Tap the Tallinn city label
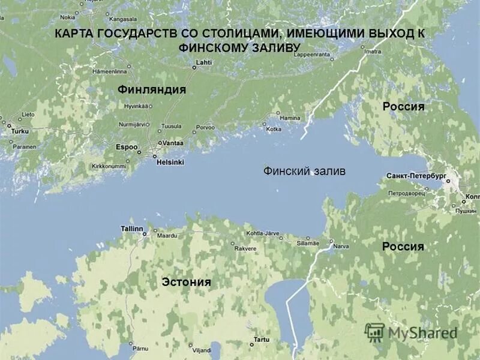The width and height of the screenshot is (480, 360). pyautogui.click(x=132, y=229)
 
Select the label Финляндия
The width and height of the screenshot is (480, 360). pyautogui.click(x=152, y=89)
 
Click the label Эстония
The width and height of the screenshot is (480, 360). pyautogui.click(x=186, y=282)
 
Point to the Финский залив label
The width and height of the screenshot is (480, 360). pyautogui.click(x=304, y=172)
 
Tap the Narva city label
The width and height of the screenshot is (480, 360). pyautogui.click(x=341, y=246)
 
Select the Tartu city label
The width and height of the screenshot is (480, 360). pyautogui.click(x=261, y=340)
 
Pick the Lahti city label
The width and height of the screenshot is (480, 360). pyautogui.click(x=204, y=62)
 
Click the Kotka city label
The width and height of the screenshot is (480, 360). pyautogui.click(x=273, y=129)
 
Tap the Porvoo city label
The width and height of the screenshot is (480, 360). pyautogui.click(x=205, y=127)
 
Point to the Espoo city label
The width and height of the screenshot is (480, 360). pyautogui.click(x=127, y=147)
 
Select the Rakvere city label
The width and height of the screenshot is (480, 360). pyautogui.click(x=245, y=248)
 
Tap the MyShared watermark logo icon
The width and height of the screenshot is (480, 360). pyautogui.click(x=374, y=332)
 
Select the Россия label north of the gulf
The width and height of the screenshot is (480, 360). pyautogui.click(x=403, y=107)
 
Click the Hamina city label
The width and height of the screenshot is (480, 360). pyautogui.click(x=290, y=118)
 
